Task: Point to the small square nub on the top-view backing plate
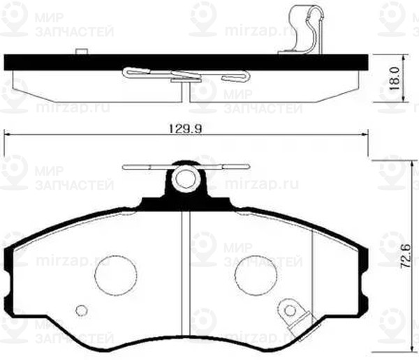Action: (82, 52)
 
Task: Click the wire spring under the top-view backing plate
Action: (185, 74)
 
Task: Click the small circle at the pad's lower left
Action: (82, 310)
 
